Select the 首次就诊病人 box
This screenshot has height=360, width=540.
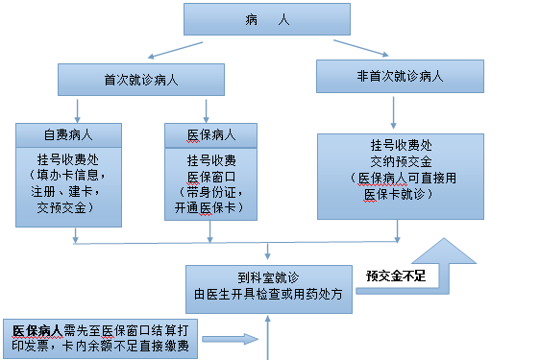(134, 79)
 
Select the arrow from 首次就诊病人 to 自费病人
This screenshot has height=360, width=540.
(79, 108)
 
